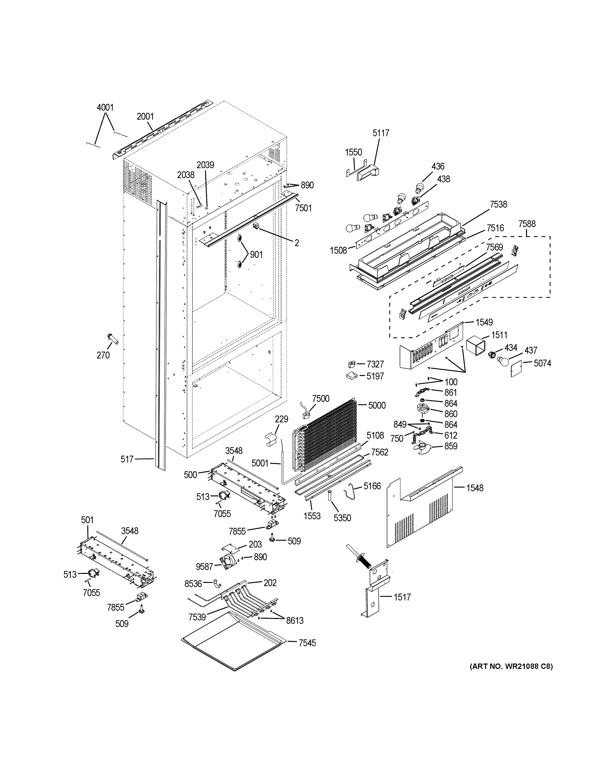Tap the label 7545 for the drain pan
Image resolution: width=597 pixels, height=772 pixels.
coord(307,643)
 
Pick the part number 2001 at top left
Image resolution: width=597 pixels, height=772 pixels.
coord(145,116)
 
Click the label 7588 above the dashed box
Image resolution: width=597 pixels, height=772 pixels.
coord(527,224)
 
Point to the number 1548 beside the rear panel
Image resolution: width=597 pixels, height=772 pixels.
coord(475,488)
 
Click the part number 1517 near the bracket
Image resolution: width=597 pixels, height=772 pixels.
coord(402,597)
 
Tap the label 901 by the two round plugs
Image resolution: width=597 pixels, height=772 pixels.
coord(256,254)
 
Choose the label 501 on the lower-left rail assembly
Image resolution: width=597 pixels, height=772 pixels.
coord(87,520)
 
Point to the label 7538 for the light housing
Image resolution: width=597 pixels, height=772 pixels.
coord(498,204)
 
